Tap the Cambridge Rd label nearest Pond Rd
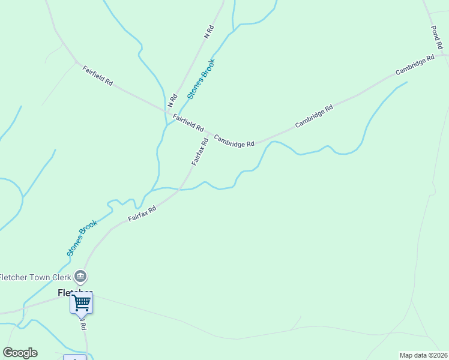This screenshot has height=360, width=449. click(415, 65)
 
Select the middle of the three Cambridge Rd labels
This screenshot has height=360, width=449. click(313, 116)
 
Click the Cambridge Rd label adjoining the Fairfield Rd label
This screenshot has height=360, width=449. click(234, 140)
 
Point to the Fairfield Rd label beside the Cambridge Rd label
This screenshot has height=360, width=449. click(188, 123)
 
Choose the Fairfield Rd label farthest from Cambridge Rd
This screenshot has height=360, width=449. click(97, 75)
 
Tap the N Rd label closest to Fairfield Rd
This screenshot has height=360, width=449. click(173, 97)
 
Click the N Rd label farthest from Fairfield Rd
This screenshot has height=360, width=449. click(209, 32)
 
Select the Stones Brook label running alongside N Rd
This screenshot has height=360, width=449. click(200, 79)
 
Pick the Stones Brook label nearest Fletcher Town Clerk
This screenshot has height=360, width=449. click(82, 238)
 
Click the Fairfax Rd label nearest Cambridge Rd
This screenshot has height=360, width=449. click(200, 152)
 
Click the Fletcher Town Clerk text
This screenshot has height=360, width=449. click(35, 277)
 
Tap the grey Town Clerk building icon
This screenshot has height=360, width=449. click(81, 277)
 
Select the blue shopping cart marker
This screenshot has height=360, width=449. click(81, 302)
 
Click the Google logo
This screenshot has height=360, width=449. click(20, 353)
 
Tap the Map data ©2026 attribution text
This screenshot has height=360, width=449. click(423, 355)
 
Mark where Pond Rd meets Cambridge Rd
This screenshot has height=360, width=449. click(444, 55)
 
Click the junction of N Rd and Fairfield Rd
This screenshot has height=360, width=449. click(167, 111)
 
